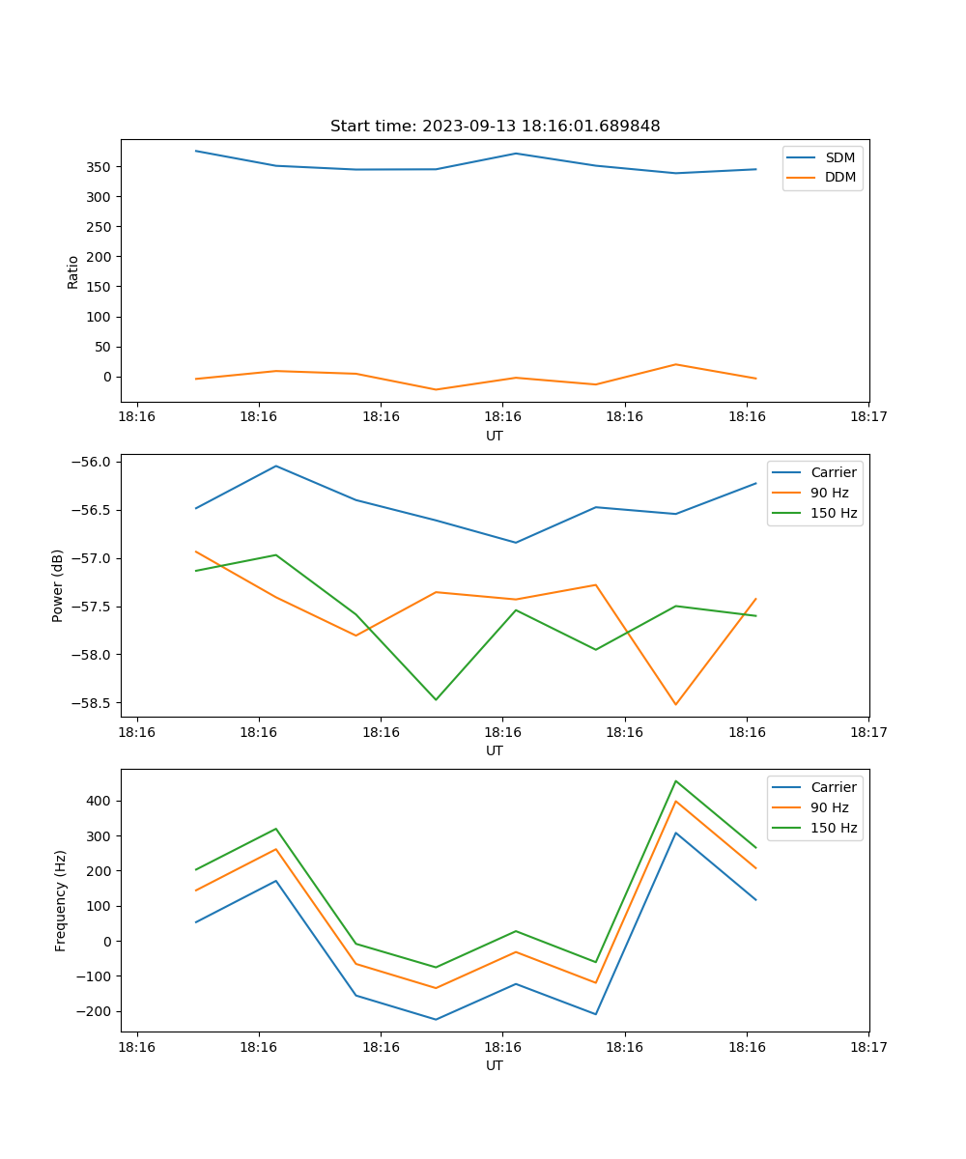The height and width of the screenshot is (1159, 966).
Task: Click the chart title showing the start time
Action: (495, 127)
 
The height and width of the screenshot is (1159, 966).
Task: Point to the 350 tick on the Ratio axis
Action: (99, 167)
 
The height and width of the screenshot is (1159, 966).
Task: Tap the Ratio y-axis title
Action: (73, 271)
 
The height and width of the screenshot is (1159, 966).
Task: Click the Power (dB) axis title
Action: (58, 585)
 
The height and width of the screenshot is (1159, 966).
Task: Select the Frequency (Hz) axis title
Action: (61, 900)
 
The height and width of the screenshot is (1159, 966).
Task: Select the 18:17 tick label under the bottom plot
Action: (868, 1046)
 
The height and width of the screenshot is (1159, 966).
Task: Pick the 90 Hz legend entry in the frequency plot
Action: (829, 807)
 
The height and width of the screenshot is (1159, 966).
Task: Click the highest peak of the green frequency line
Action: (675, 780)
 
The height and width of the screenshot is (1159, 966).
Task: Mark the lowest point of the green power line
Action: (436, 699)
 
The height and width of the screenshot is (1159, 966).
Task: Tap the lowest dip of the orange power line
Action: (675, 704)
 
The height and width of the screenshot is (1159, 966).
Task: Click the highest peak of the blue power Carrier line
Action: (276, 466)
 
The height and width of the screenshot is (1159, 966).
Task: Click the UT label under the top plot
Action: (495, 436)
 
